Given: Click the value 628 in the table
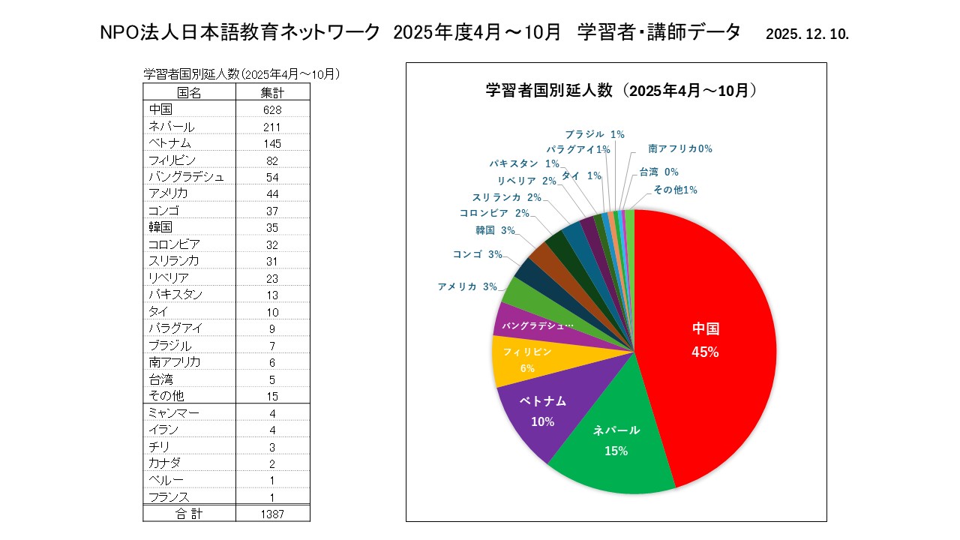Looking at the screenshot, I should point(272,109).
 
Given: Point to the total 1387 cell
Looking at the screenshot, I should point(272,514).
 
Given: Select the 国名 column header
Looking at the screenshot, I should point(189,93).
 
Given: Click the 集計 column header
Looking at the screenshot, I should point(272,93).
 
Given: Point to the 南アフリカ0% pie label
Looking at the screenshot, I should point(680,149).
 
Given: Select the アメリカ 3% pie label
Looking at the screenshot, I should point(467,286).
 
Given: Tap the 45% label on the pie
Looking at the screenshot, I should point(706,352).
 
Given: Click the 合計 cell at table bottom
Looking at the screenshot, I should point(189,514).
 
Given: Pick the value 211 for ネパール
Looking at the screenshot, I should point(272,126).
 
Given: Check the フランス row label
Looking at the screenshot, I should point(168,497).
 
